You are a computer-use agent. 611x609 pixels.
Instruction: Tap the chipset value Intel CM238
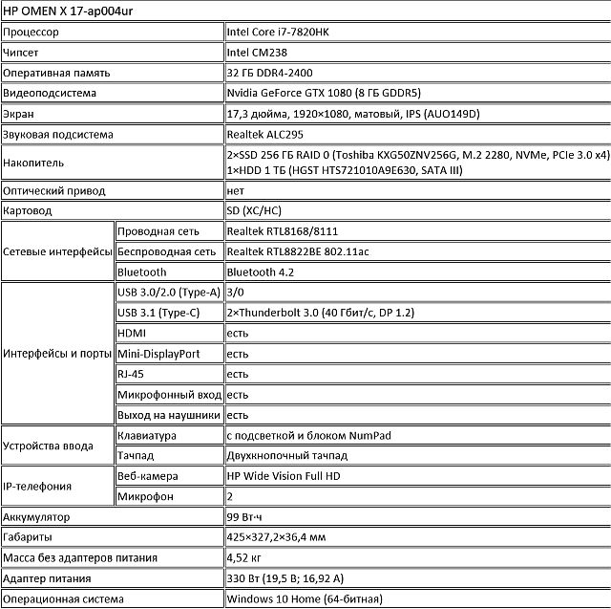258,52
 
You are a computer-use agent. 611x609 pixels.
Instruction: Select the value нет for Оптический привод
236,190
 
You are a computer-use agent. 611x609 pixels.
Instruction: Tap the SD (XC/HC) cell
254,211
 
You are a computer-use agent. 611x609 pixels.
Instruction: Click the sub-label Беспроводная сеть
165,252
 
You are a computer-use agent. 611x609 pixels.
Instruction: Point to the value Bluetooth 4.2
261,272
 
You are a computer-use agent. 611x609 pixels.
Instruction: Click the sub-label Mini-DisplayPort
158,354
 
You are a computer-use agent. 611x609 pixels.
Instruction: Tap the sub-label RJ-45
131,374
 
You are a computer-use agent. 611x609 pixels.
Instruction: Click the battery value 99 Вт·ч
246,517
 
